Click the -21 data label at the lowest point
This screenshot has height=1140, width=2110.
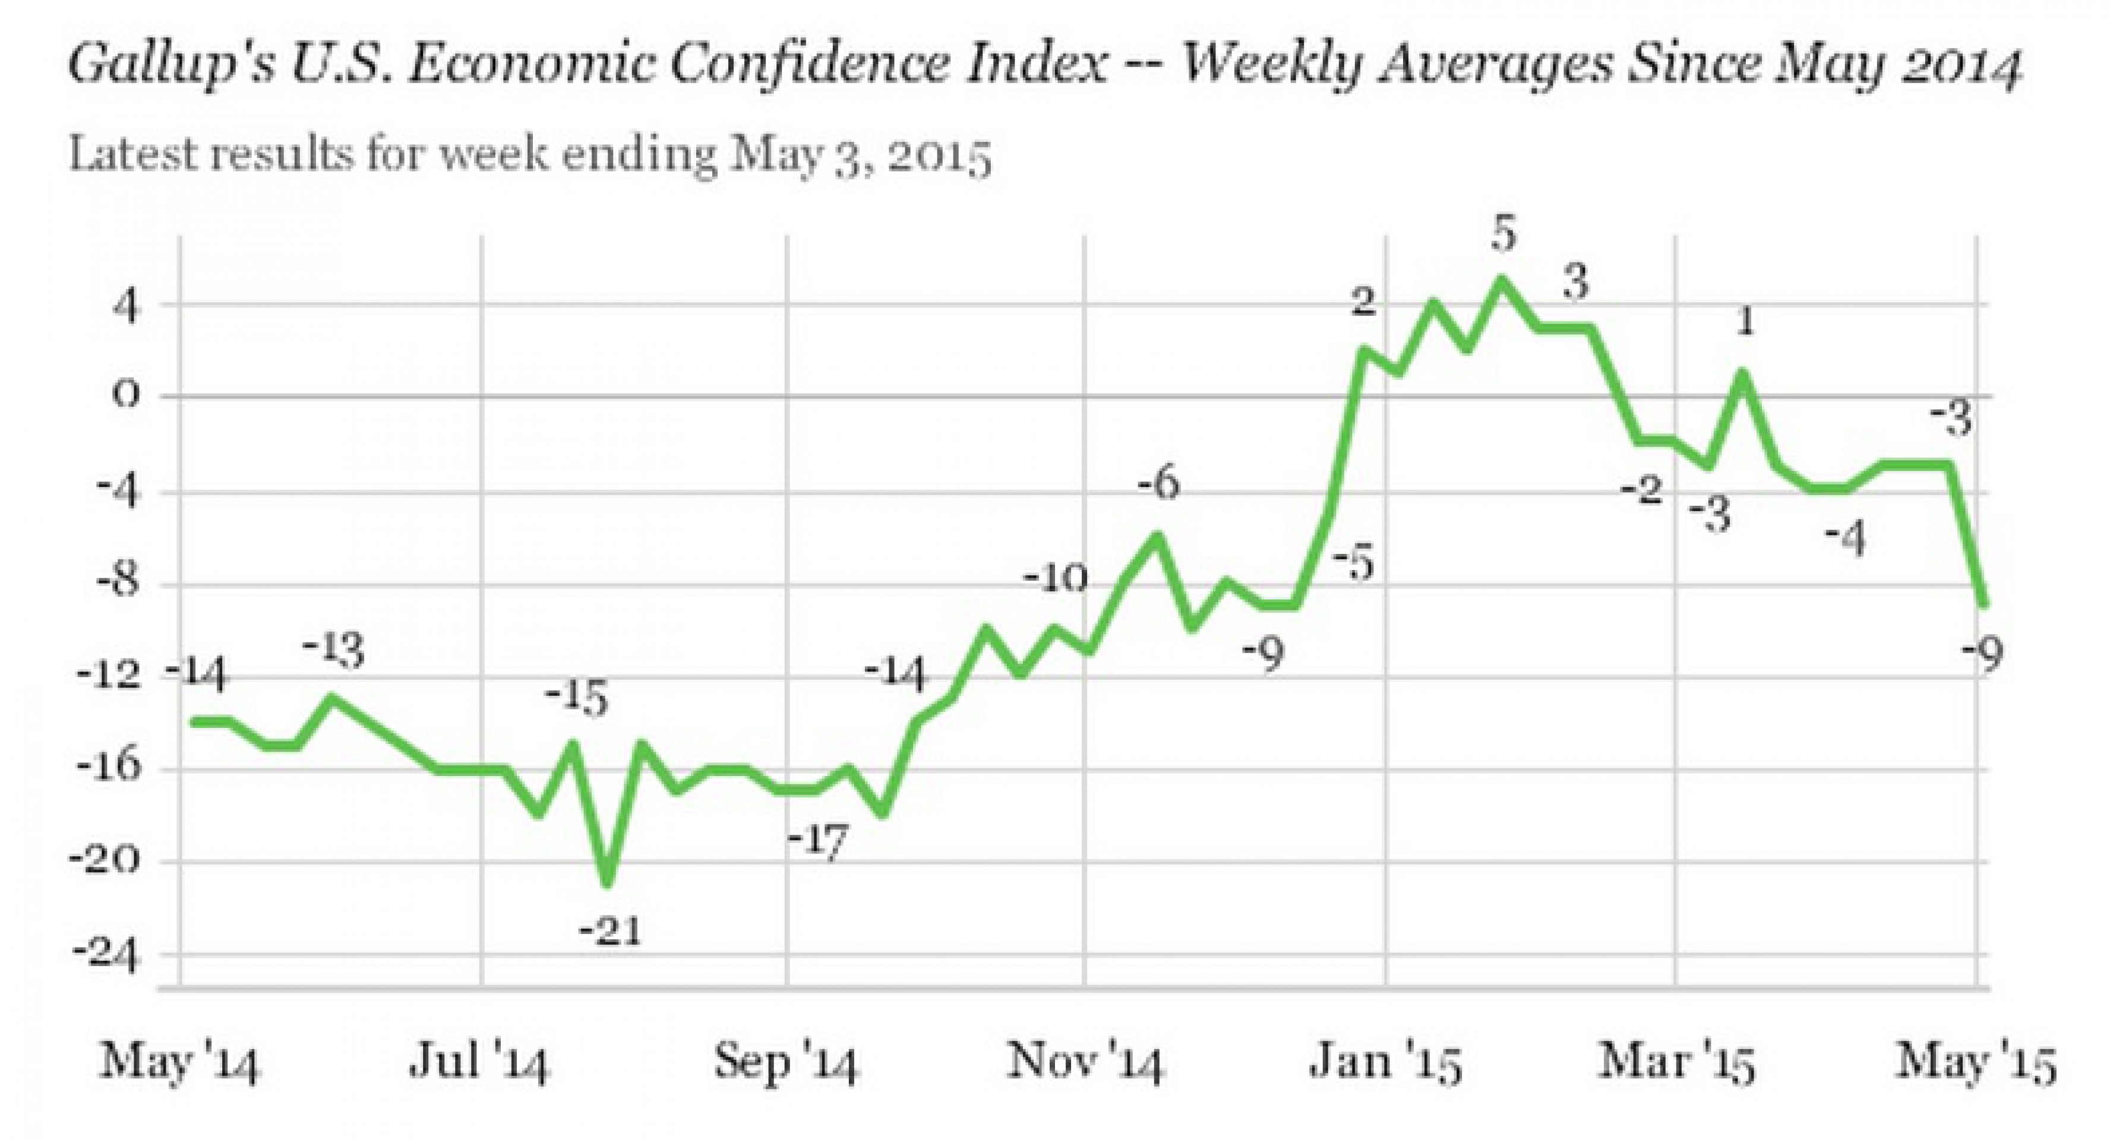[610, 931]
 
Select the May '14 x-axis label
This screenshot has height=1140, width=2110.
[179, 1063]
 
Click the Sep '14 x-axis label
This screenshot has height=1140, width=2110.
[785, 1063]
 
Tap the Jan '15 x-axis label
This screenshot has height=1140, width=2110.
[1386, 1063]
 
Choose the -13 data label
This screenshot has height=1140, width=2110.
[333, 652]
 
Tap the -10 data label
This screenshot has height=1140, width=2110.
[1055, 579]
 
